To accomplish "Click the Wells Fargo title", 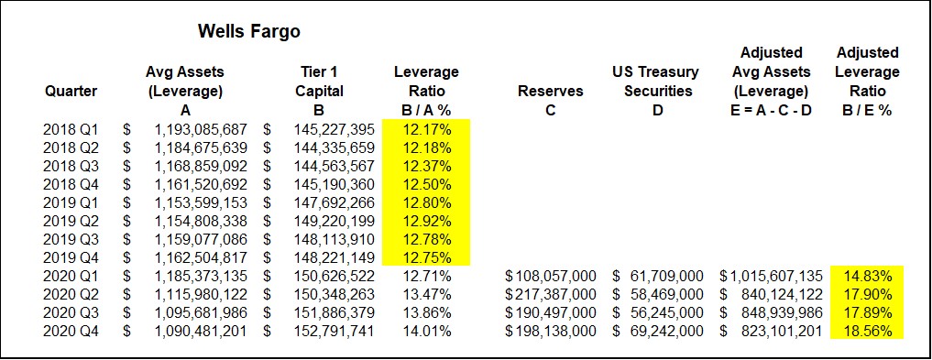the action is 249,31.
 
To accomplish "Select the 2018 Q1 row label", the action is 71,129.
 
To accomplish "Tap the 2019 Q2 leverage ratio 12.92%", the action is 427,222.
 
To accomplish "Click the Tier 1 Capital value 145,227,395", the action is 334,129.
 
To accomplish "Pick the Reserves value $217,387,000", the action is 551,295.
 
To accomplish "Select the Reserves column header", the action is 551,92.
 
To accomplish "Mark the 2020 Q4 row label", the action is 71,333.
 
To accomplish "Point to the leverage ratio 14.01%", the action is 427,333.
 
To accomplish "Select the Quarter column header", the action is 71,92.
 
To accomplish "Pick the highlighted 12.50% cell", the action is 427,185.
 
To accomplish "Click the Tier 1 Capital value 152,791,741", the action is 334,333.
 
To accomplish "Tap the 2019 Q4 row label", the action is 71,258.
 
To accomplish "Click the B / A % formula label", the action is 426,111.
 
